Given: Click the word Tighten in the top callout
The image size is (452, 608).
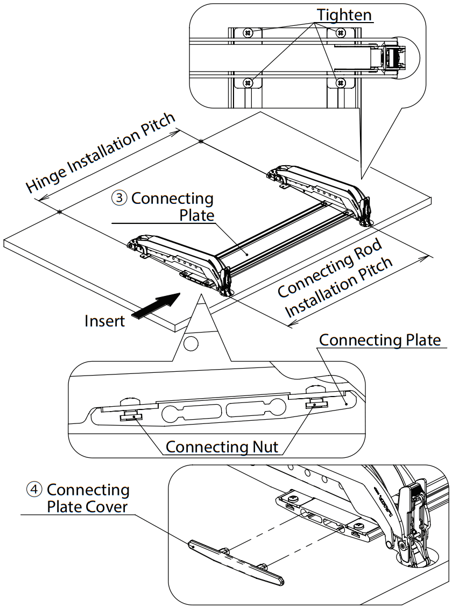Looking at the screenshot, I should pyautogui.click(x=344, y=15).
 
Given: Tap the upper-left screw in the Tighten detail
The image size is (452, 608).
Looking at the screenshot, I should pyautogui.click(x=248, y=33).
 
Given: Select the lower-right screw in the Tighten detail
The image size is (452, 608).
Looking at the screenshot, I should pyautogui.click(x=340, y=82).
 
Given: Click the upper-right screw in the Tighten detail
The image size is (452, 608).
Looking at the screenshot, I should pyautogui.click(x=340, y=33).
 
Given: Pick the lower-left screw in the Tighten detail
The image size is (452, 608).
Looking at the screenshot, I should pyautogui.click(x=248, y=82).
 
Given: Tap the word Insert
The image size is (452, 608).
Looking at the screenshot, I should pyautogui.click(x=104, y=321).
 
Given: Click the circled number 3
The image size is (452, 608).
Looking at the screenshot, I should pyautogui.click(x=119, y=199).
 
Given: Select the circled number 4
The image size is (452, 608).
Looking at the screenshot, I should pyautogui.click(x=34, y=490).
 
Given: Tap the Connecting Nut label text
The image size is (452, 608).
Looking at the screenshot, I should pyautogui.click(x=222, y=447).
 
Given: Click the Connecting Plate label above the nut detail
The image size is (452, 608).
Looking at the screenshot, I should pyautogui.click(x=380, y=340).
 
